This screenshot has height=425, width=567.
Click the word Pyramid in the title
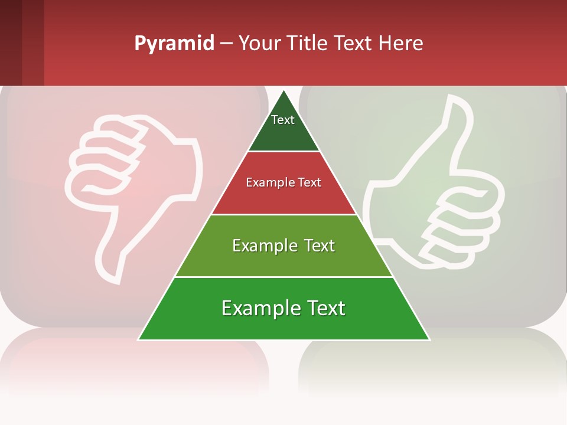(174, 44)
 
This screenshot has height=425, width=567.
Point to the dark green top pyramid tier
(283, 130)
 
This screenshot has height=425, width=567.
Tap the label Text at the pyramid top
(283, 120)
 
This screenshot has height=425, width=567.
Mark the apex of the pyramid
(283, 91)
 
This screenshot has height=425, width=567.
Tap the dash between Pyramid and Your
(226, 44)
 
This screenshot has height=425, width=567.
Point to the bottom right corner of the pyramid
(428, 339)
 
